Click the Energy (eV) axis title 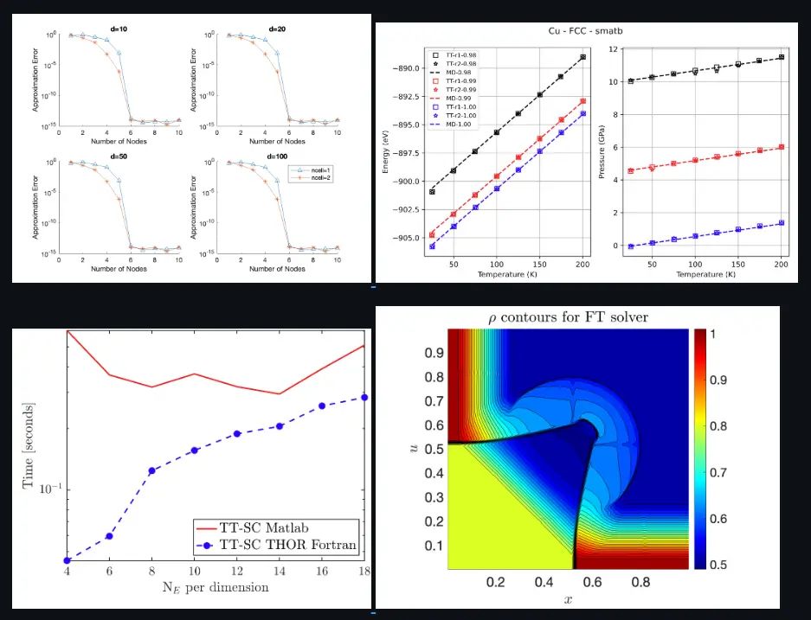[387, 149]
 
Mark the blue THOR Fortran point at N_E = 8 [151, 471]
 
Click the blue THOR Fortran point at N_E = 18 [364, 398]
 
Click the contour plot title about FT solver [567, 316]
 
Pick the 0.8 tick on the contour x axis [640, 582]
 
